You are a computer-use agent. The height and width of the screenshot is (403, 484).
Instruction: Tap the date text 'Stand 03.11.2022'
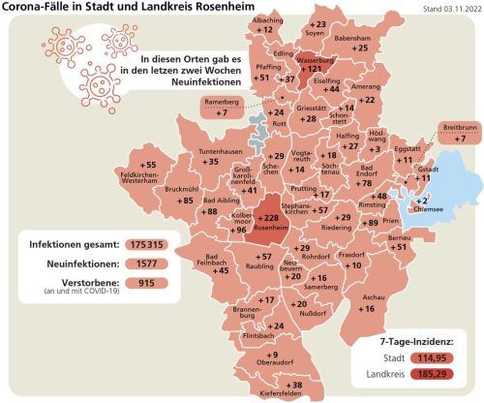pyautogui.click(x=451, y=10)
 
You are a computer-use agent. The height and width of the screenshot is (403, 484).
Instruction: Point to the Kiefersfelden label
pyautogui.click(x=283, y=393)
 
